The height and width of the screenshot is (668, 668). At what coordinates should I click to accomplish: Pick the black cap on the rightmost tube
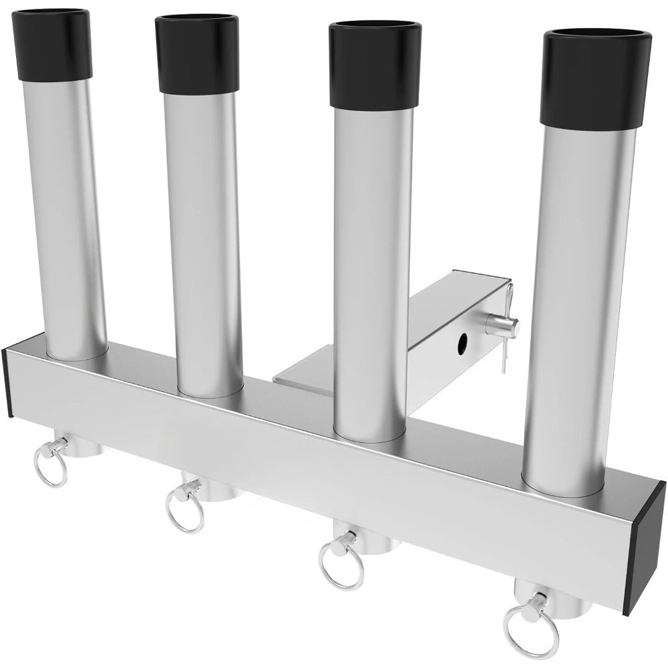coord(596,80)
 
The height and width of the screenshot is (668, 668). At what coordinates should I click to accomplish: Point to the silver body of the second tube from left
coord(200,234)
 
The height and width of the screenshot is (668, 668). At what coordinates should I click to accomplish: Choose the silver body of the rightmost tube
coord(574,301)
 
